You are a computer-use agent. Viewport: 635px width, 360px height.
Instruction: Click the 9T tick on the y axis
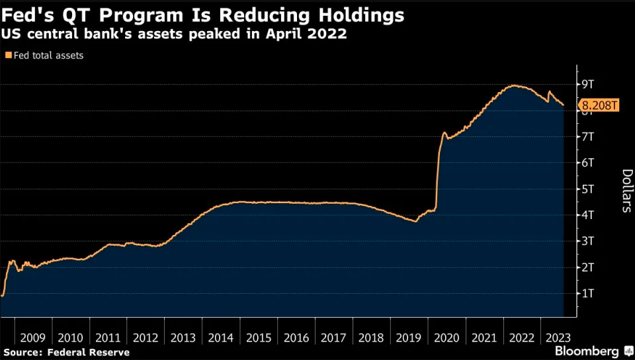(588, 84)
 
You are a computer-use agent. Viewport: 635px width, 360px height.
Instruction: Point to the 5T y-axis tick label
(588, 189)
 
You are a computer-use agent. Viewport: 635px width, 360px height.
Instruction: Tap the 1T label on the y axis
(588, 293)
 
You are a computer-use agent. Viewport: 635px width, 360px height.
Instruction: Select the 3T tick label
(588, 241)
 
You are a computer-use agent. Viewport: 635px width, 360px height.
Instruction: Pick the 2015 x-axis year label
(258, 337)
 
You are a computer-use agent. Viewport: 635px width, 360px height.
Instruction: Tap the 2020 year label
(446, 337)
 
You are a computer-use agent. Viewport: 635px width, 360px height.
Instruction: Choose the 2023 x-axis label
(557, 337)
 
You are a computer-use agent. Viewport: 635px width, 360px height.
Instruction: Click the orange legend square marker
(9, 56)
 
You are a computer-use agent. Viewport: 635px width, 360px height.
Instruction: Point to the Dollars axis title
(626, 191)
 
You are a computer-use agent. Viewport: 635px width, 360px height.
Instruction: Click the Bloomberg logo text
(586, 351)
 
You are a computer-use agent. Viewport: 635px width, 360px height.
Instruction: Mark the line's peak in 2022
(513, 85)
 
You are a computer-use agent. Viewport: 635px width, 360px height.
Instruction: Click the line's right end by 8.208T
(563, 105)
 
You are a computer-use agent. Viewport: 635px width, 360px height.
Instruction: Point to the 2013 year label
(183, 337)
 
